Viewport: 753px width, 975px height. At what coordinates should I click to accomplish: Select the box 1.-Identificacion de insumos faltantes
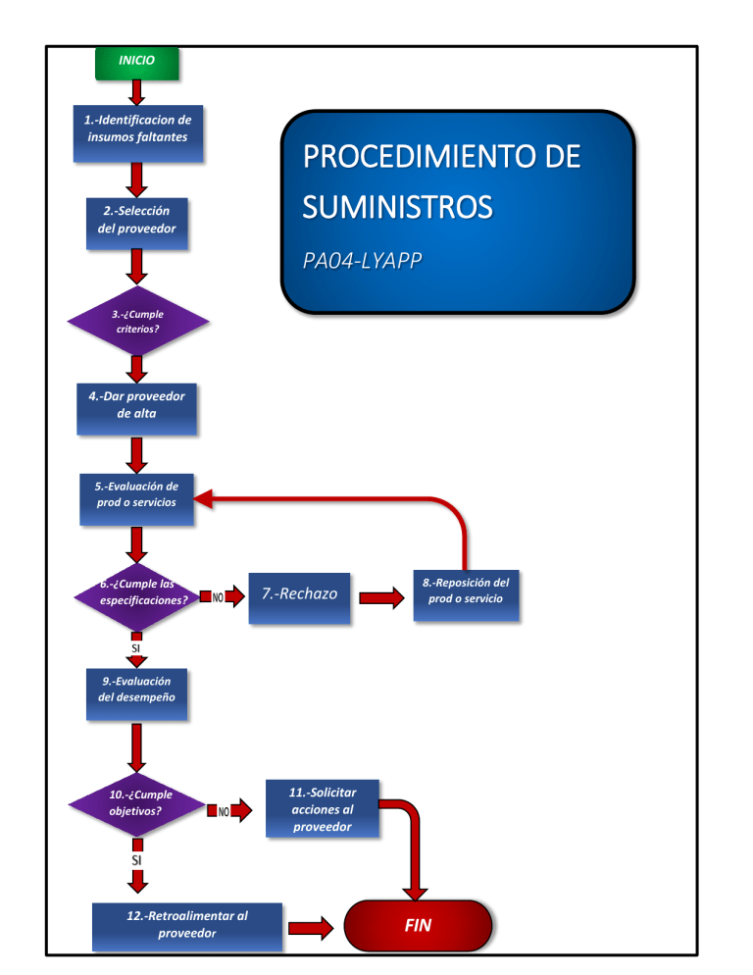(137, 132)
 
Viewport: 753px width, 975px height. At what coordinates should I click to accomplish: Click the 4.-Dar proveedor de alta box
(136, 408)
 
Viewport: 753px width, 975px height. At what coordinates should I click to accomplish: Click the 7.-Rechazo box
(299, 594)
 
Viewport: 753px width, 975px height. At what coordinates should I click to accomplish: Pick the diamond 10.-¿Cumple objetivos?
(137, 805)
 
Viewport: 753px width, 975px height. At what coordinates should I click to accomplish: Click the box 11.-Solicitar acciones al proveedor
(323, 810)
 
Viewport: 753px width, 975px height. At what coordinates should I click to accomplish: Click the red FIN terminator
(418, 926)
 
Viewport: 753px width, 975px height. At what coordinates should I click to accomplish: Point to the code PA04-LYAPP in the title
(357, 261)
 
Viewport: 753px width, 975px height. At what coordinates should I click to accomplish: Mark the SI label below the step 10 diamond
(137, 859)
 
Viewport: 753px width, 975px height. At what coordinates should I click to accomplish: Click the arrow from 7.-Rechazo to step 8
(380, 597)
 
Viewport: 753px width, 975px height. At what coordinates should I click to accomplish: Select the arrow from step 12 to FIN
(313, 926)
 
